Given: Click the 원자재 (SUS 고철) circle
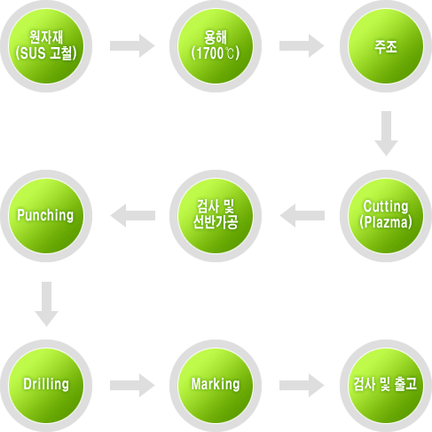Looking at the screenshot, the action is (46, 46).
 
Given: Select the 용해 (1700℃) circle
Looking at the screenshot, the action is (216, 46).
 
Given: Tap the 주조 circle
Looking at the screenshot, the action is (386, 46).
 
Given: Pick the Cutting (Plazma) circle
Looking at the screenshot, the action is (386, 216).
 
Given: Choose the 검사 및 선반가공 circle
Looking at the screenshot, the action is (216, 216).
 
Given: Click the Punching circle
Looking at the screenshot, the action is (46, 216).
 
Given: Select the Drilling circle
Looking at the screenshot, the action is (46, 386).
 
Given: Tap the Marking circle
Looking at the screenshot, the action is (216, 386).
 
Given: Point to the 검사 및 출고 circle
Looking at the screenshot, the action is (386, 386).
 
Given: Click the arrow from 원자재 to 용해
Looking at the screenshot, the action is (132, 46).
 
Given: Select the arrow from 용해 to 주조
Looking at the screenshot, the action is (302, 46).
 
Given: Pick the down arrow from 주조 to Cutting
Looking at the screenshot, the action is (386, 133).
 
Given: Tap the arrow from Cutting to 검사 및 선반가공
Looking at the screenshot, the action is (302, 216).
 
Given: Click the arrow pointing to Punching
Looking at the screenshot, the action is (132, 216).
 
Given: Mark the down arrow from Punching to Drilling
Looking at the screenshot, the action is (46, 304).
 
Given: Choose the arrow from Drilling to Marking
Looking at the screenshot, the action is (132, 385).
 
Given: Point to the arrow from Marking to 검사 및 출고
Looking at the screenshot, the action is (302, 385).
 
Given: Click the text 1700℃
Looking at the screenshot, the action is (216, 53).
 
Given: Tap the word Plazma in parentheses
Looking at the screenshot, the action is (386, 222).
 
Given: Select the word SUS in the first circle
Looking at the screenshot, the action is (32, 53).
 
